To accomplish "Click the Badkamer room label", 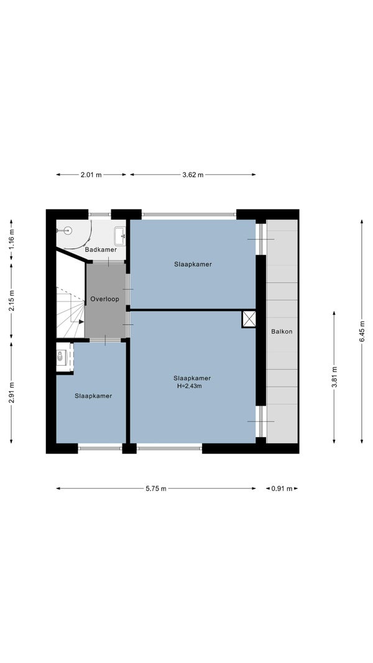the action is (x=101, y=250).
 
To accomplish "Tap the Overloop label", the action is (x=104, y=299).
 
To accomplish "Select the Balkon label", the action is (x=282, y=331).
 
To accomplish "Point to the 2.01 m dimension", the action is (x=91, y=175).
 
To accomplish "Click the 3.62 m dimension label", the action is (x=193, y=175).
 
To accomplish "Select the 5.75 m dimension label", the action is (x=156, y=488).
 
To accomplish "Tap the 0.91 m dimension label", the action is (x=282, y=488).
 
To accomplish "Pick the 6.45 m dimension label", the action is (x=362, y=331).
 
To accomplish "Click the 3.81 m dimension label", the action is (x=334, y=377).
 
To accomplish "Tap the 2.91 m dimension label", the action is (x=11, y=392).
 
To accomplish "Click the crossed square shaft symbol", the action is (x=249, y=319).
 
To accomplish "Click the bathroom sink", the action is (x=120, y=236).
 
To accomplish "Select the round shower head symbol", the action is (x=67, y=231).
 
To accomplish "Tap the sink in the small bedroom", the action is (x=61, y=356).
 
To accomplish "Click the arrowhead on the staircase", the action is (x=81, y=322).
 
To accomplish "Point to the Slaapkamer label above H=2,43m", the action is (x=192, y=378).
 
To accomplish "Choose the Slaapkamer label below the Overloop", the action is (x=93, y=396).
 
